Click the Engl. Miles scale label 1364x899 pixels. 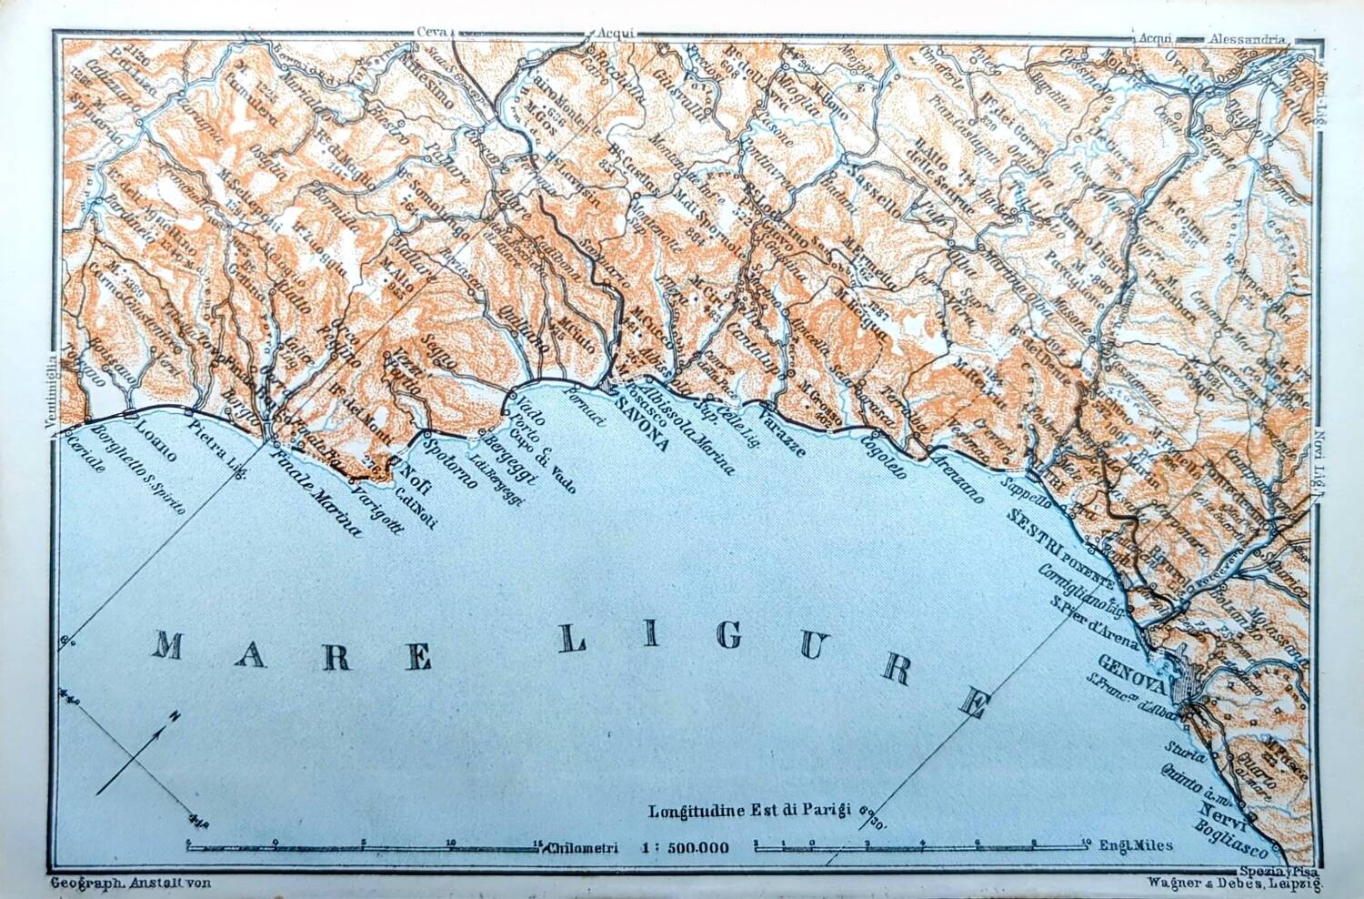click(x=1136, y=845)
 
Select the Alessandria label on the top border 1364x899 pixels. click(x=1246, y=39)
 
